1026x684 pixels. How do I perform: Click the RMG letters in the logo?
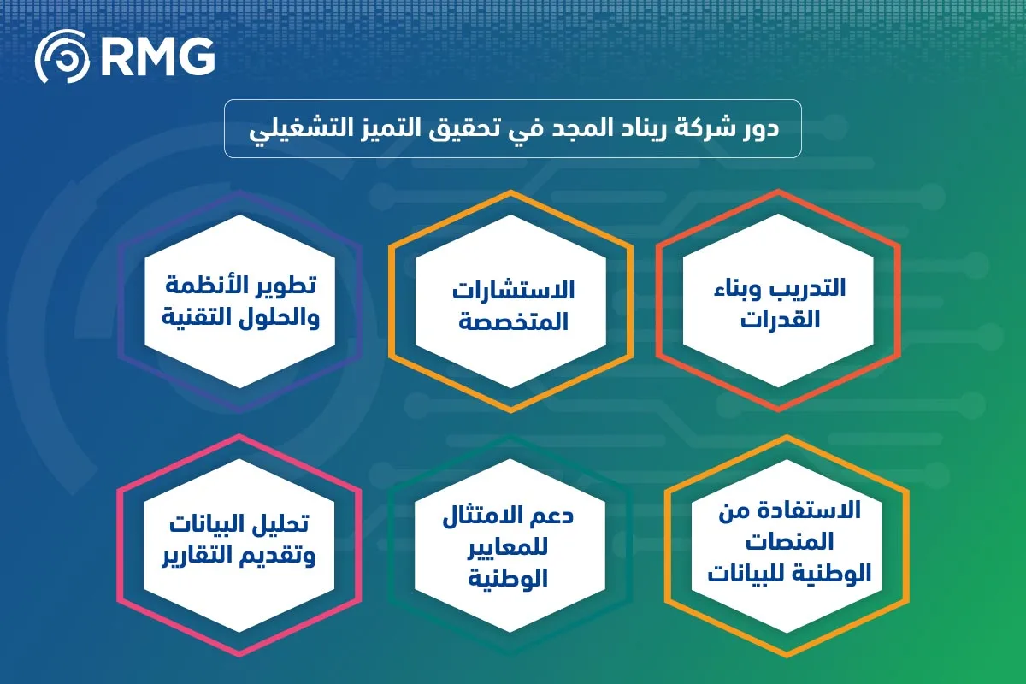tap(157, 56)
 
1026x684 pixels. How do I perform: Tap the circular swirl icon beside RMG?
tap(62, 57)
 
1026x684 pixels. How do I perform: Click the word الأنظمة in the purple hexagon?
tap(209, 286)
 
